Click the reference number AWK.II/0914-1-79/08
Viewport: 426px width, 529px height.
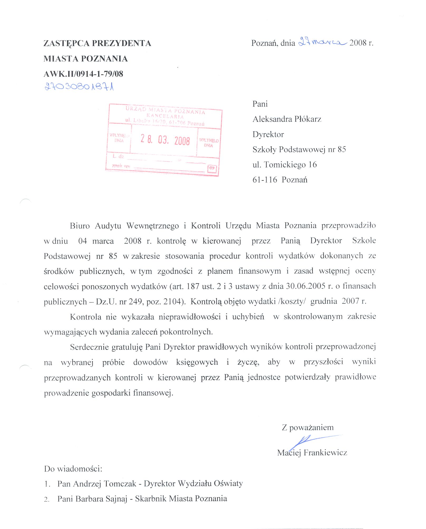pyautogui.click(x=83, y=74)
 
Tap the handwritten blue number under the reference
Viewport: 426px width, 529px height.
pyautogui.click(x=79, y=86)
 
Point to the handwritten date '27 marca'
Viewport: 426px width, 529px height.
pyautogui.click(x=322, y=42)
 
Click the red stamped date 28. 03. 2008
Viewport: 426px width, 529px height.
pyautogui.click(x=165, y=140)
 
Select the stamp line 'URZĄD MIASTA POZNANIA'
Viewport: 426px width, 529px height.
pyautogui.click(x=165, y=110)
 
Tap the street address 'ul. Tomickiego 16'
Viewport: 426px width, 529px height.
pyautogui.click(x=285, y=165)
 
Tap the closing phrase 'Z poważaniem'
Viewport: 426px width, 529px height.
pyautogui.click(x=308, y=427)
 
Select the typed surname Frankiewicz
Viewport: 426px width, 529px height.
pyautogui.click(x=325, y=453)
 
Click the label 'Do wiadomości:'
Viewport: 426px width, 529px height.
pyautogui.click(x=73, y=469)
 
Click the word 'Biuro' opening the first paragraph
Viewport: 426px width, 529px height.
pyautogui.click(x=80, y=226)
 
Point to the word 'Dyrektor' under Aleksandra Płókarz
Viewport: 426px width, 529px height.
pyautogui.click(x=268, y=134)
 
